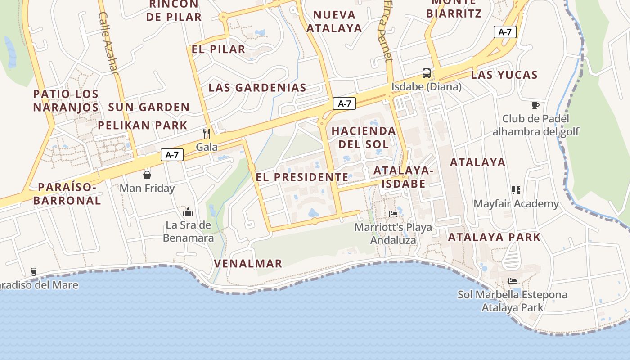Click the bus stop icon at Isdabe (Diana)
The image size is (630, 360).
pos(426,73)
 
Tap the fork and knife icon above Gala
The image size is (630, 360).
pos(207,133)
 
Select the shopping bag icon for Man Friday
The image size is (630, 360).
pos(147,175)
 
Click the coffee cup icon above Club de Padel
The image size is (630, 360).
pos(535,106)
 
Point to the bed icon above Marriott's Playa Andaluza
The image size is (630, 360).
pos(393,214)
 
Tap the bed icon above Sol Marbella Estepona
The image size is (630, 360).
pos(513,281)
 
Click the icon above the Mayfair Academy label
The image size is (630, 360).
pos(516,190)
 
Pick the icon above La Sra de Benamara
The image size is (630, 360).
pos(188,212)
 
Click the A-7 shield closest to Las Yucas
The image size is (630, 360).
pos(505,32)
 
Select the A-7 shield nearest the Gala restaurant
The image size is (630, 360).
pos(172,155)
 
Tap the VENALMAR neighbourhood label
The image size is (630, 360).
pos(248,264)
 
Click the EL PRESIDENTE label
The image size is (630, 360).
pos(302,177)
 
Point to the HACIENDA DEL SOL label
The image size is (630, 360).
pos(364,137)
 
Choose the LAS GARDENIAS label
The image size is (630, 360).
pos(257,88)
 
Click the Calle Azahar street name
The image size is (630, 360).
pos(108,43)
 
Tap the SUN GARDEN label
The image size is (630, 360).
pos(149,108)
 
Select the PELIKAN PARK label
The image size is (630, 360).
pos(143,126)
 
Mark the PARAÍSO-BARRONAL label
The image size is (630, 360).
pos(67,194)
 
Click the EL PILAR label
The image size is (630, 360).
pos(218,49)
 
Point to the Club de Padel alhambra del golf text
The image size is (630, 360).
pos(535,125)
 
